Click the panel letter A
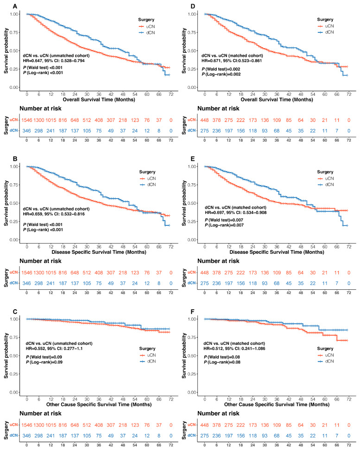(15, 6)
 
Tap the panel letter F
(192, 312)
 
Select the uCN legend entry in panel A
(147, 26)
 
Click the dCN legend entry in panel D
(326, 32)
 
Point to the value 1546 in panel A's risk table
(27, 120)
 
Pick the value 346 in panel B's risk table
(27, 283)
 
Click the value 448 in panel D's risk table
(205, 120)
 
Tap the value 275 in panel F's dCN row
(205, 436)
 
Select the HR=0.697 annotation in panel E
(215, 212)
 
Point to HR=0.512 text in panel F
(213, 349)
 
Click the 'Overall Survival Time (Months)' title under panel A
(99, 100)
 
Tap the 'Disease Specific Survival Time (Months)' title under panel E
(277, 252)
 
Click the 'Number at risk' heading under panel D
(218, 108)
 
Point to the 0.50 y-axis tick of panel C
(14, 356)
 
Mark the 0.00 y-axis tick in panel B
(14, 240)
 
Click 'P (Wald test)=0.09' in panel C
(44, 357)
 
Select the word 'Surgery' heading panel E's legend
(325, 172)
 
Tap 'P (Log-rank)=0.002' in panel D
(221, 75)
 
